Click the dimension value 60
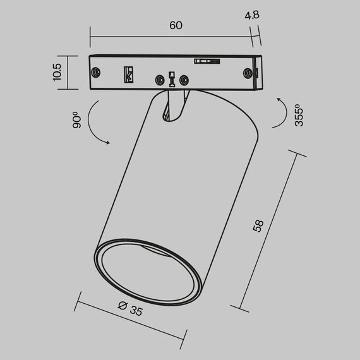click(176, 25)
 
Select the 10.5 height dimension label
click(57, 71)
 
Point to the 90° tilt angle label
click(76, 120)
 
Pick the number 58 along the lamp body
click(257, 226)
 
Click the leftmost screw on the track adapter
click(96, 71)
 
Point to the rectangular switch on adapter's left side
click(129, 74)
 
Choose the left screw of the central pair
click(160, 80)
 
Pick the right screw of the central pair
click(184, 80)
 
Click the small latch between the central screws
click(172, 78)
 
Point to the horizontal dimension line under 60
click(171, 37)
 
